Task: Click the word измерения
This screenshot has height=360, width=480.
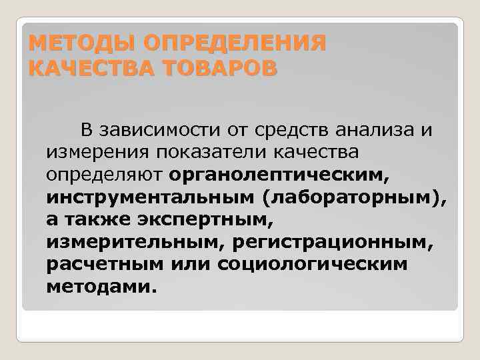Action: [x=97, y=153]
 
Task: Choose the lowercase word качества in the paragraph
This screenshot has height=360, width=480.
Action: [x=315, y=153]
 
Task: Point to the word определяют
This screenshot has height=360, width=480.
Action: [x=104, y=175]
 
